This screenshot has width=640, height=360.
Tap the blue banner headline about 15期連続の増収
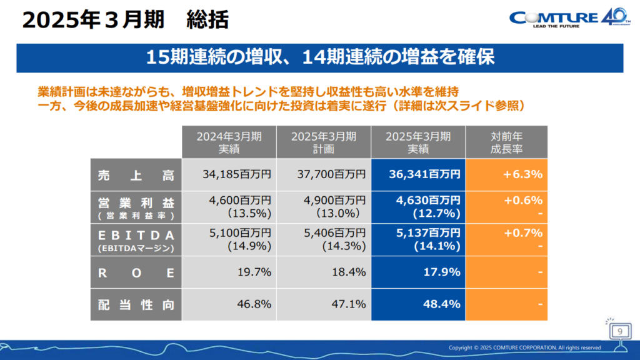click(320, 57)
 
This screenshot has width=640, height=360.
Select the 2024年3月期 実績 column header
click(228, 142)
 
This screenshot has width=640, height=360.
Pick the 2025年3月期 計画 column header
click(324, 142)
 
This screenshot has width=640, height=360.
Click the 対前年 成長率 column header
click(506, 142)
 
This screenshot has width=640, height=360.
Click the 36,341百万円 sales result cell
click(418, 175)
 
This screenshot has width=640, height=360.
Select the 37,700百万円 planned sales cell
click(324, 175)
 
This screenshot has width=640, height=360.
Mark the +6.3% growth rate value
click(522, 175)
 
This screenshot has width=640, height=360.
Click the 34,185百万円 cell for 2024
click(228, 175)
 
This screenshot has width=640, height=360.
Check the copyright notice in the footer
click(525, 347)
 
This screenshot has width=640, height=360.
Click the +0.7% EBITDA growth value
click(522, 233)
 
